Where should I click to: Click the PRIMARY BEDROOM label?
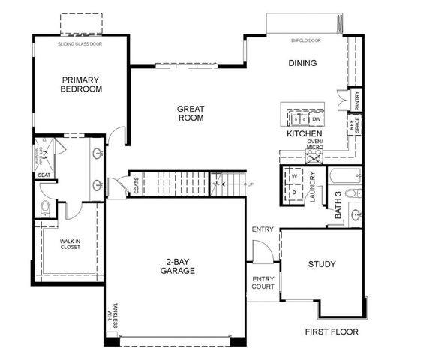pyautogui.click(x=82, y=84)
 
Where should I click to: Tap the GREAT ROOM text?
pyautogui.click(x=191, y=113)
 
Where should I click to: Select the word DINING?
pyautogui.click(x=302, y=63)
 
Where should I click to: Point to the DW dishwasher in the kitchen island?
pyautogui.click(x=317, y=119)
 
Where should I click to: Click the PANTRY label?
pyautogui.click(x=358, y=99)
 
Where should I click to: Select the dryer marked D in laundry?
pyautogui.click(x=293, y=193)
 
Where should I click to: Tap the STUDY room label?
pyautogui.click(x=321, y=264)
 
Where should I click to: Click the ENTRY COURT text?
pyautogui.click(x=263, y=283)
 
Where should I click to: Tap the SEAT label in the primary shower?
pyautogui.click(x=44, y=175)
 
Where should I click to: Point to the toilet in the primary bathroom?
pyautogui.click(x=45, y=208)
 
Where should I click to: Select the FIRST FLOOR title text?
pyautogui.click(x=332, y=331)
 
